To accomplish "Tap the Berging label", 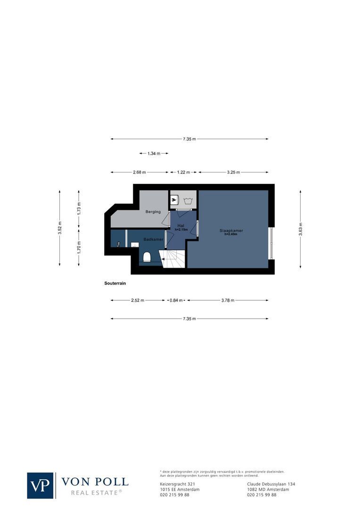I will point(153,212).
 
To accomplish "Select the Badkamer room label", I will point(154,239).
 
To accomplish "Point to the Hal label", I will point(180,226).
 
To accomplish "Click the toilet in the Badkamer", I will point(146,257).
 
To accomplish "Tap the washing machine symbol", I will point(189,200).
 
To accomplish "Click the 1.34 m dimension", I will point(154,154).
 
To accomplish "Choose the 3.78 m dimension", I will point(228,300).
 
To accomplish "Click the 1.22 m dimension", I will point(184,172).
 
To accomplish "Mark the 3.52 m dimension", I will point(59,230).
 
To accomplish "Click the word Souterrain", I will point(115,283).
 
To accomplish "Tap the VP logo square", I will point(41,485).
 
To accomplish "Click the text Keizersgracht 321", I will point(178,484).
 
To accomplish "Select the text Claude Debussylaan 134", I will point(271,484).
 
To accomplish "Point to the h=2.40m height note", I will point(230,234).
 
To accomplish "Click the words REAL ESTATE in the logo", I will point(96,493).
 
